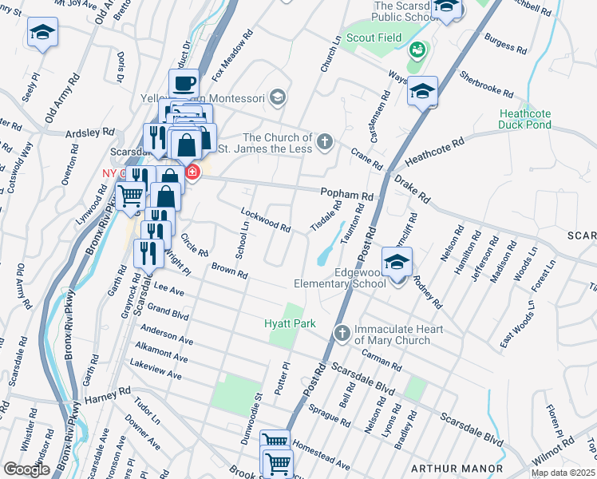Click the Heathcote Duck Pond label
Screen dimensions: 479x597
pos(524,119)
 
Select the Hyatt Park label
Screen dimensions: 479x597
pos(291,323)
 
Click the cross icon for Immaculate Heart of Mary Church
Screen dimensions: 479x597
pos(341,331)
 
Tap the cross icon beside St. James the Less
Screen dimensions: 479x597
pos(324,142)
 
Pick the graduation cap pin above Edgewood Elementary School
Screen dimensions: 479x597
pos(397,260)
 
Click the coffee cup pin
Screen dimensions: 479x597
pos(184,82)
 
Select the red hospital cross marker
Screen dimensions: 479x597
pos(192,172)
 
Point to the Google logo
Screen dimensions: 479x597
pos(26,469)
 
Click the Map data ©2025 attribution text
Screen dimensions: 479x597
pos(563,473)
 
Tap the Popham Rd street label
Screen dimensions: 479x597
pos(347,195)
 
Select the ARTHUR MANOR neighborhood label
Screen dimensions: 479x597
pos(456,468)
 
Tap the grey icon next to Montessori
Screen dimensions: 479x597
pos(277,97)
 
